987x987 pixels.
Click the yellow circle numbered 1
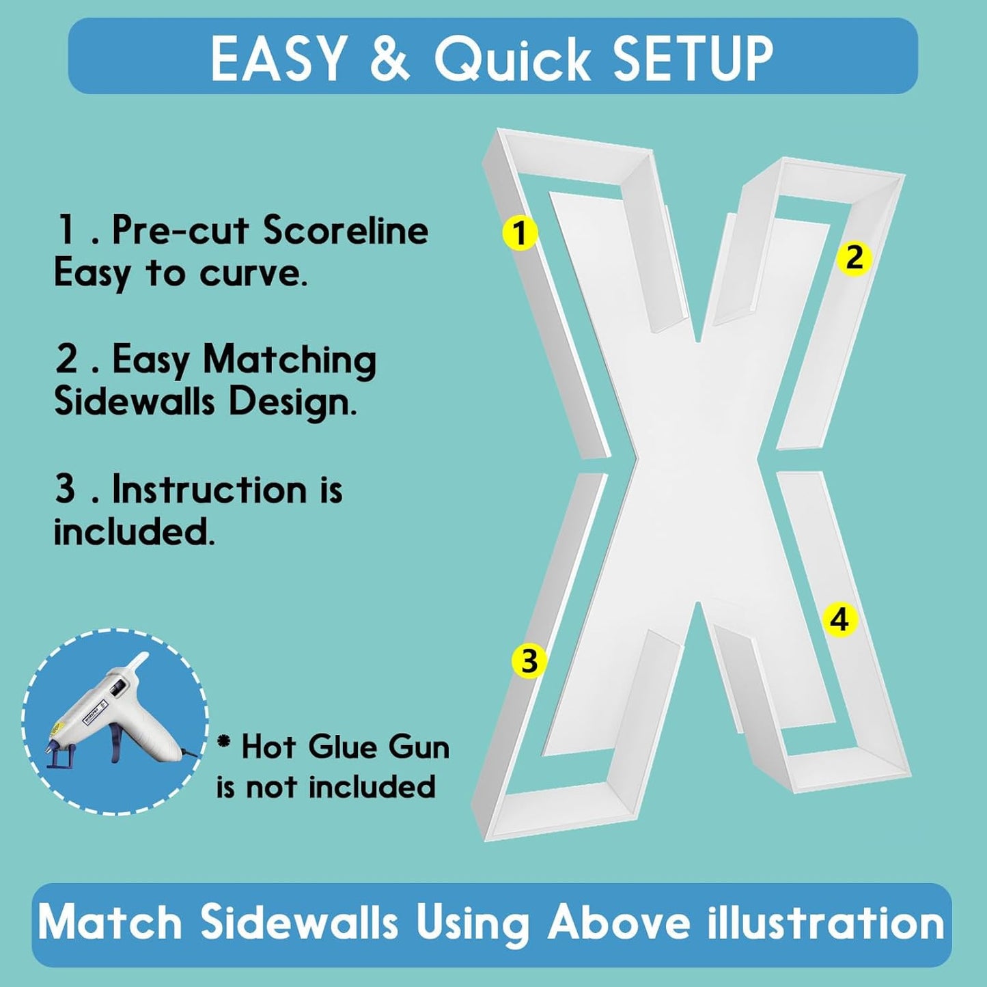tap(519, 234)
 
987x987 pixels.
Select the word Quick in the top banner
tap(513, 58)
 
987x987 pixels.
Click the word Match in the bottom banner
tap(110, 923)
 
